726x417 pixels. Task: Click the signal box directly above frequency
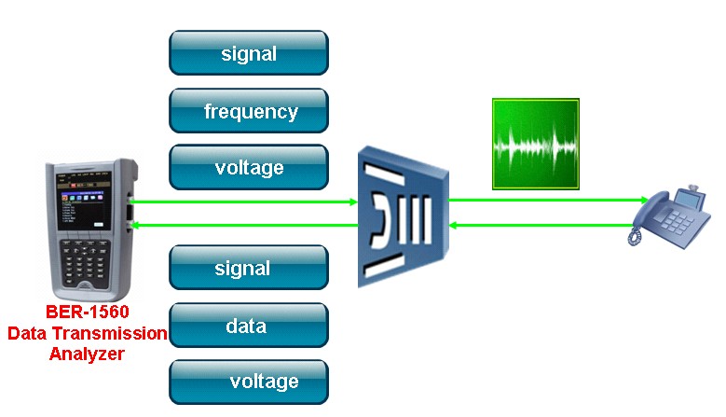click(248, 53)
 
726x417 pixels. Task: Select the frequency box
click(248, 112)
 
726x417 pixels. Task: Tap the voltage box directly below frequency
click(248, 168)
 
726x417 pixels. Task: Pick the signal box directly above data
click(248, 268)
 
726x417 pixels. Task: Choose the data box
click(248, 326)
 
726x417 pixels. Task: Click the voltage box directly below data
click(248, 382)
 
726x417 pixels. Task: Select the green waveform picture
click(536, 145)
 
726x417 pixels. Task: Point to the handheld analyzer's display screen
click(85, 211)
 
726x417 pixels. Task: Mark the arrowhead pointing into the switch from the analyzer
click(352, 201)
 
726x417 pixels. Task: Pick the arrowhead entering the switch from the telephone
click(453, 225)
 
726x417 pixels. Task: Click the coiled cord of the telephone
click(636, 237)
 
